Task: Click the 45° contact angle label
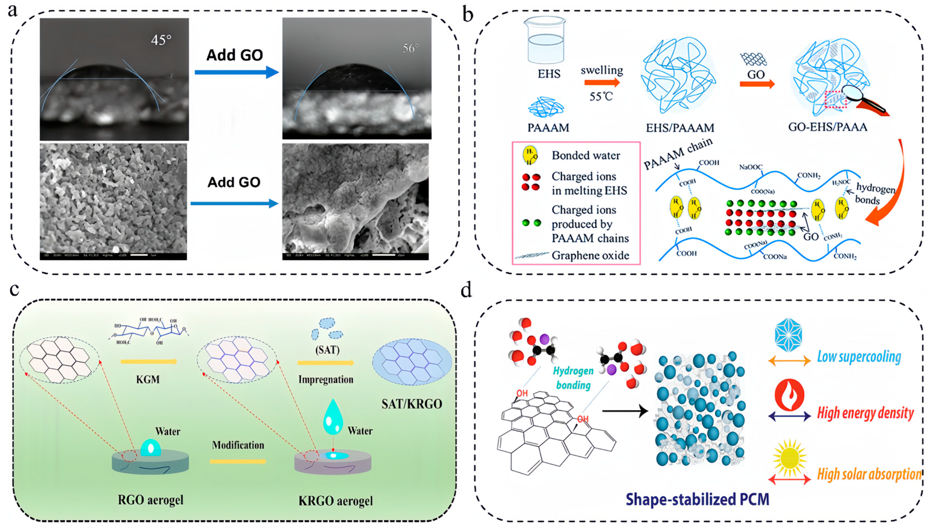[161, 40]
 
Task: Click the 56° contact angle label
[411, 48]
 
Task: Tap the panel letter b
[468, 15]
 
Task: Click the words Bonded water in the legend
[585, 155]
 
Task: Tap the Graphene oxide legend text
[590, 256]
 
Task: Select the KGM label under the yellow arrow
[148, 380]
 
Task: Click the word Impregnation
[326, 380]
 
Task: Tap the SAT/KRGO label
[412, 404]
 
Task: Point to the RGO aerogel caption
[150, 500]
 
